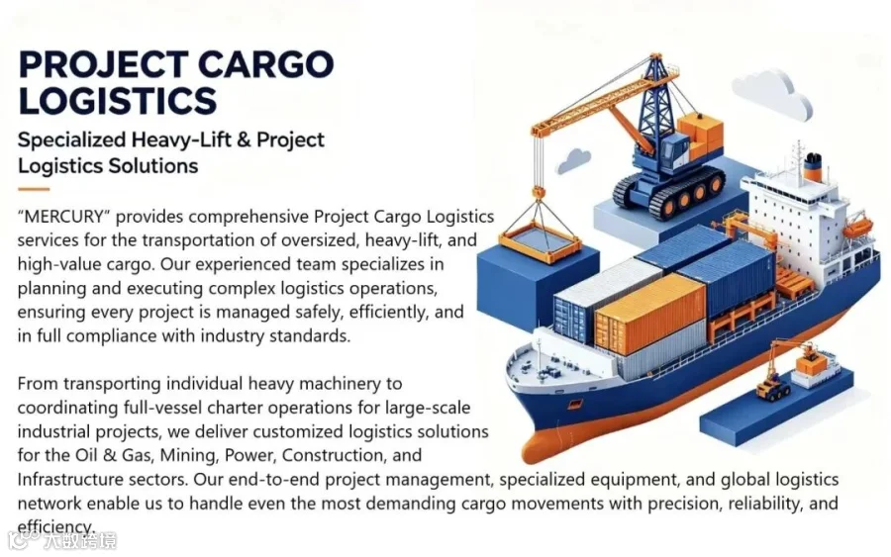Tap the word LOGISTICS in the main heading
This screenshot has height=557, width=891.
[118, 101]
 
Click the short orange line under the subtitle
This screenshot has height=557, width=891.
[34, 189]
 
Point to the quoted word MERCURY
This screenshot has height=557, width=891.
[63, 217]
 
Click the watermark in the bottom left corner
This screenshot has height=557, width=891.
[62, 540]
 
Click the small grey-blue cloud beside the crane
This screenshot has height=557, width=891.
[573, 160]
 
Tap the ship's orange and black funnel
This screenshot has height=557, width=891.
[813, 166]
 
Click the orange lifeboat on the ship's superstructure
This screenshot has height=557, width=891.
[857, 228]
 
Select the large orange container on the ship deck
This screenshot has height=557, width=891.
[649, 313]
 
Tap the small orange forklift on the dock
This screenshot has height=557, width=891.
[772, 386]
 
